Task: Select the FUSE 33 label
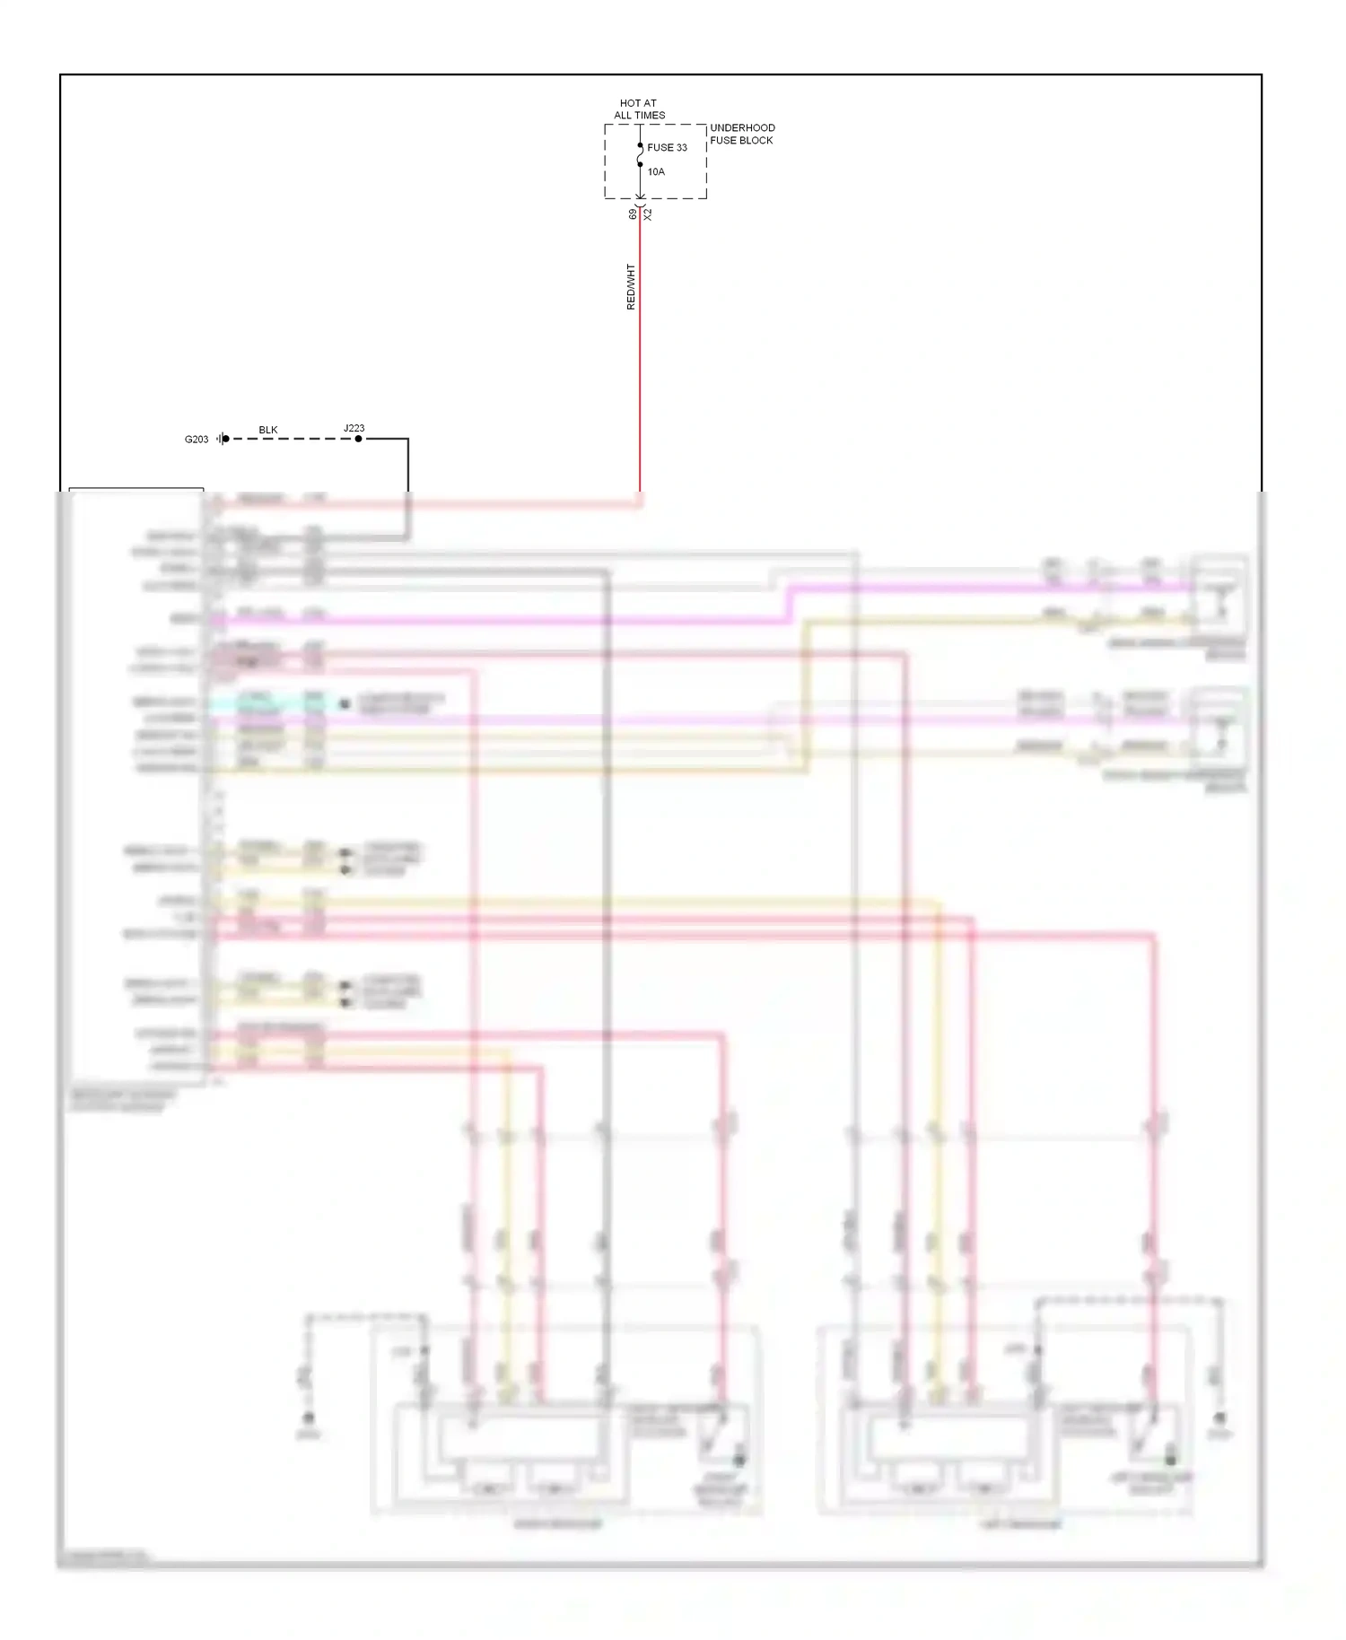pos(667,148)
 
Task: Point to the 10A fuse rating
pos(656,172)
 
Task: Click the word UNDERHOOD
pos(742,128)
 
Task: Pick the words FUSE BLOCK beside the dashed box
pos(741,141)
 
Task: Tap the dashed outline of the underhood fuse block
pos(606,161)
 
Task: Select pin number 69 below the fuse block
pos(633,214)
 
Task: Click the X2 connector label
pos(648,215)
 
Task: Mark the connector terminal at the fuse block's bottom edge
pos(640,198)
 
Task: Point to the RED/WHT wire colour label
pos(631,287)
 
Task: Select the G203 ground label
pos(197,440)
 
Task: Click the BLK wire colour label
pos(268,430)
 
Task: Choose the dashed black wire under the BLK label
pos(287,439)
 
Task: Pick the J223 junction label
pos(354,428)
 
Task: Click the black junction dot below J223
pos(358,439)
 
